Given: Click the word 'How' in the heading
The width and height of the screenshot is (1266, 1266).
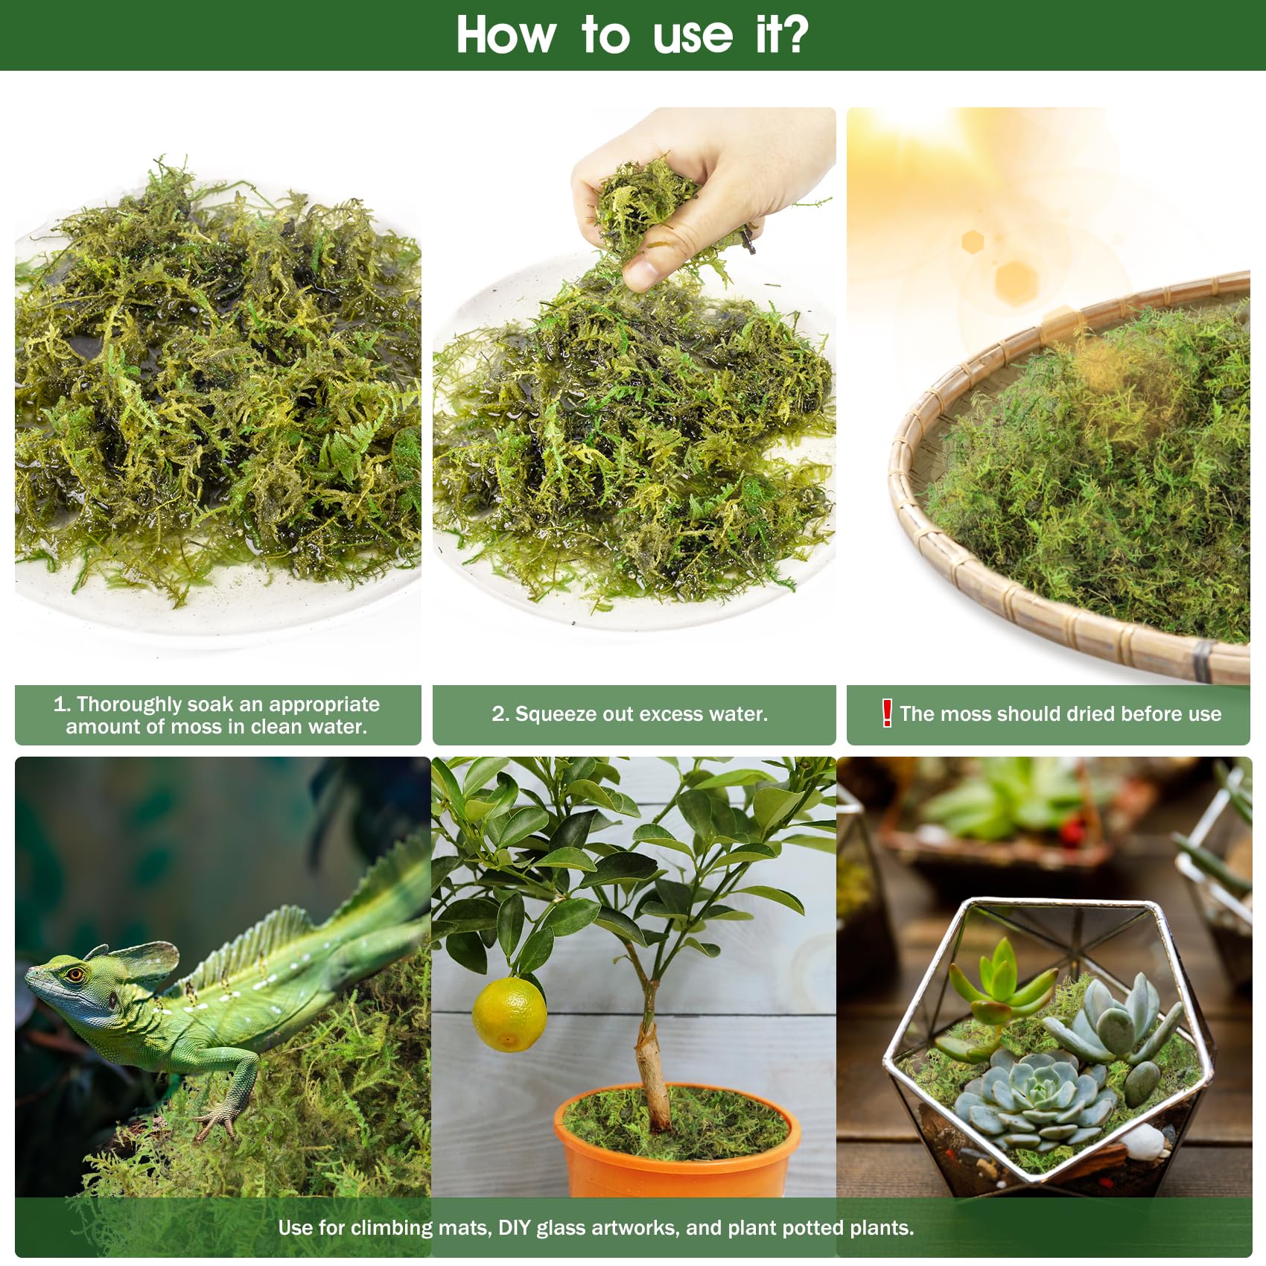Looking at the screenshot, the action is coord(506,34).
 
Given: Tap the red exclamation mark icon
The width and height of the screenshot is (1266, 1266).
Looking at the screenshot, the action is coord(886,713).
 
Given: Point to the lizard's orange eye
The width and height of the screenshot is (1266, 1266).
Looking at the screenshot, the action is coord(75,974).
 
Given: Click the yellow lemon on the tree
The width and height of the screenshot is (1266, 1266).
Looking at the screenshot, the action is coord(509,1014).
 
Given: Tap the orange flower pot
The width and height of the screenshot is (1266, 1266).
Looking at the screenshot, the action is coord(677,1147).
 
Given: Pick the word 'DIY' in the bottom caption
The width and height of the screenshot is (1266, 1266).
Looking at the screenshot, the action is coord(514,1227).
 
